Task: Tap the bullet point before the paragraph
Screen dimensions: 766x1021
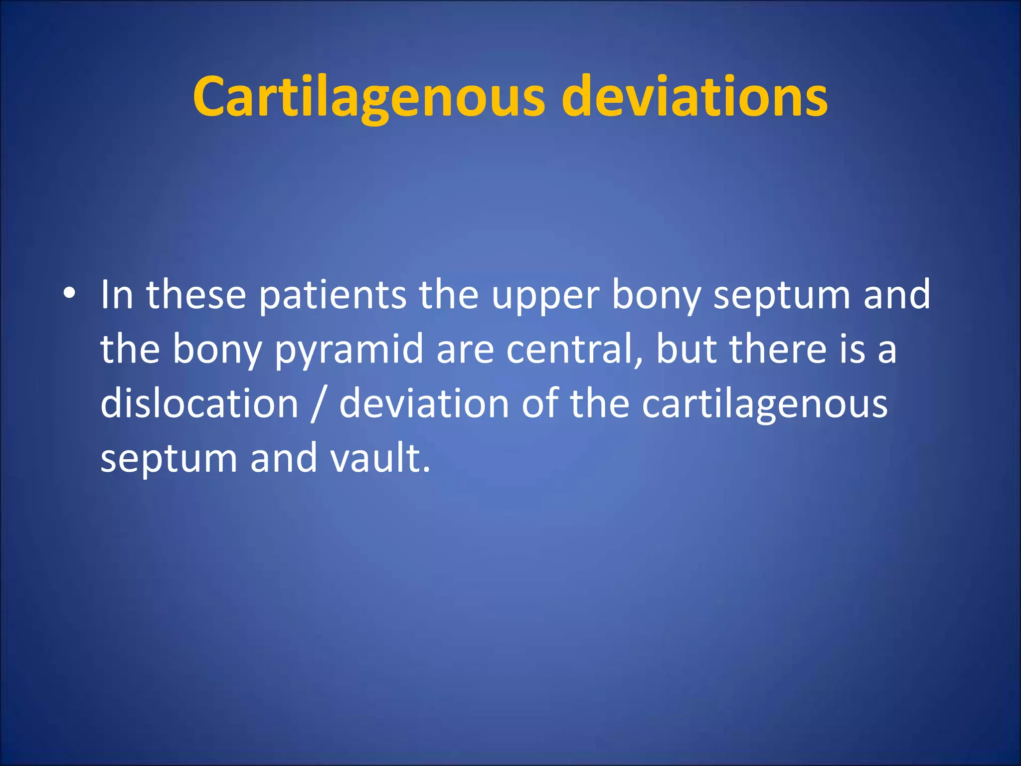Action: pos(69,293)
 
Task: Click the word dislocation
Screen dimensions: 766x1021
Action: pos(199,403)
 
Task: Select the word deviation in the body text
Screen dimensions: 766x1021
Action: pos(424,403)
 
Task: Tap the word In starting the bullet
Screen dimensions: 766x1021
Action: pos(117,295)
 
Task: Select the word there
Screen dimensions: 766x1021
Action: pos(778,349)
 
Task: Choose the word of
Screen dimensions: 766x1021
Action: pos(539,403)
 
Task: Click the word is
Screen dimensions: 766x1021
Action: pos(852,349)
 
